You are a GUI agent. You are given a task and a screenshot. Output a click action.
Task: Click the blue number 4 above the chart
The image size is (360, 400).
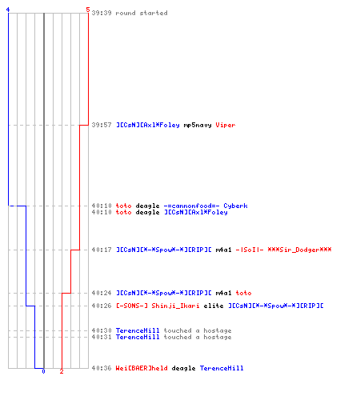[x=8, y=10]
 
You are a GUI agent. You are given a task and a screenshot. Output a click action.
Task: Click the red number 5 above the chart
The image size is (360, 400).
[x=88, y=10]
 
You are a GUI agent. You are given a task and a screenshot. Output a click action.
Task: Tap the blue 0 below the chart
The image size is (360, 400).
[x=43, y=371]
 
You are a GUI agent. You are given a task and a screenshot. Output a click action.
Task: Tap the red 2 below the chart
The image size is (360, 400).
[x=62, y=371]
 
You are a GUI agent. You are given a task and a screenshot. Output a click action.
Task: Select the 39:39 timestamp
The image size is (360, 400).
[x=102, y=13]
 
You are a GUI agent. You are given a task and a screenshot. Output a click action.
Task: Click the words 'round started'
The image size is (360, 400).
[x=142, y=13]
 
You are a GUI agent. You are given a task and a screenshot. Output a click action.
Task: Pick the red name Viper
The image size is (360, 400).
[x=226, y=125]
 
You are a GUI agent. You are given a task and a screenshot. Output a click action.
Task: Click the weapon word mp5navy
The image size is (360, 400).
[x=198, y=125]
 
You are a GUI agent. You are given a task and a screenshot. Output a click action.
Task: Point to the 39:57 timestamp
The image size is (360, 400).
[x=102, y=125]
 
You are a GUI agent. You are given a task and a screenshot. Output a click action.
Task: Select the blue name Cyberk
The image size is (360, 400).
[x=235, y=206]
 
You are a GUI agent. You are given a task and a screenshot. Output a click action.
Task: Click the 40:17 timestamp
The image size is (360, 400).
[x=102, y=250]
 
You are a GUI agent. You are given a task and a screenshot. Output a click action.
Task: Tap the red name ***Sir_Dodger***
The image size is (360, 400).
[x=299, y=250]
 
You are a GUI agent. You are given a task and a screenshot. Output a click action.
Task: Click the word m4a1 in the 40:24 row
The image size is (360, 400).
[x=223, y=293]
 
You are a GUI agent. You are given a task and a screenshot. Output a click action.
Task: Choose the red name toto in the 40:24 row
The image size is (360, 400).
[x=243, y=293]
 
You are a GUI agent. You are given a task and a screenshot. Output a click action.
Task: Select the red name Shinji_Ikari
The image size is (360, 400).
[x=175, y=306]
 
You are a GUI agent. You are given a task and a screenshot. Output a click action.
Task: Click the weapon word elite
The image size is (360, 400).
[x=214, y=306]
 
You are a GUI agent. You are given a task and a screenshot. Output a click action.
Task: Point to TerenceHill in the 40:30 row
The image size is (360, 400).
[x=138, y=330]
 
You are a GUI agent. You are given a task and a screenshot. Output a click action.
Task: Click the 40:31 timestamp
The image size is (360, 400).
[x=102, y=337]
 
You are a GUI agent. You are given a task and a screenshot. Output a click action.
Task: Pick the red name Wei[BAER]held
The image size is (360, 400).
[x=142, y=368]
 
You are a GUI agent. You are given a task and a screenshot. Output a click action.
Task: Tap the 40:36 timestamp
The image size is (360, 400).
[x=102, y=368]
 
